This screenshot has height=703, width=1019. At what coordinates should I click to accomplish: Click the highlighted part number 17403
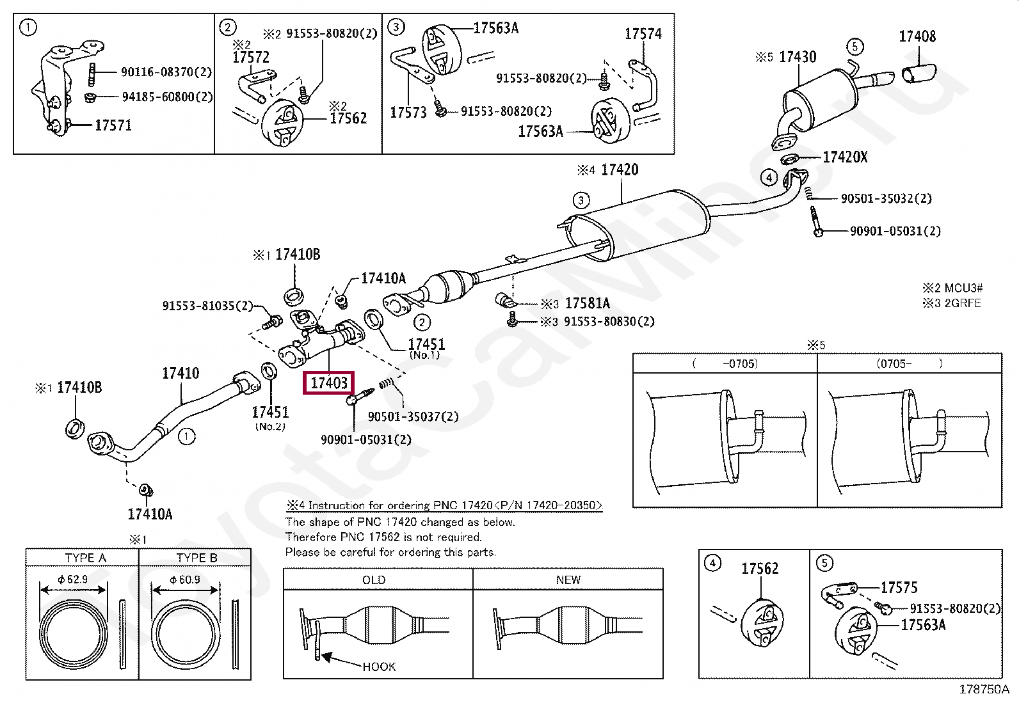click(x=328, y=383)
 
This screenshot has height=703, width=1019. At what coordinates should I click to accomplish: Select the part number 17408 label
click(x=917, y=36)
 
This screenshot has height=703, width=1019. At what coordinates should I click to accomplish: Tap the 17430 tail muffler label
click(x=798, y=57)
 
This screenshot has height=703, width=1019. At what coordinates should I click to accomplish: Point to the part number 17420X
click(x=845, y=157)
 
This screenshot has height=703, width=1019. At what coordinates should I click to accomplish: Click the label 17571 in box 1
click(x=113, y=125)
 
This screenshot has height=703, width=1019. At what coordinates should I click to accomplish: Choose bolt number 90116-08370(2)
click(x=166, y=72)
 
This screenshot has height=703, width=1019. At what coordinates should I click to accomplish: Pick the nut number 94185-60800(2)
click(x=167, y=97)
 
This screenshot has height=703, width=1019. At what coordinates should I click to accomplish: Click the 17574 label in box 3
click(x=643, y=34)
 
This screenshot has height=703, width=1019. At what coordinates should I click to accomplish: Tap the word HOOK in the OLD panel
click(x=379, y=667)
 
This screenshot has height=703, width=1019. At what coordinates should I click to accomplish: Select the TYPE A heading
click(x=85, y=558)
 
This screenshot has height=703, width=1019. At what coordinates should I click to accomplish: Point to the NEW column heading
click(x=568, y=580)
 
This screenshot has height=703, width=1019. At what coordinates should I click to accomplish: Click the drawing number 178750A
click(x=983, y=689)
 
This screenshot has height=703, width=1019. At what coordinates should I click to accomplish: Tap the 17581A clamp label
click(x=588, y=303)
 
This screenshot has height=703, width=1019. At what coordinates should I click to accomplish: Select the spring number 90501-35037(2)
click(x=413, y=416)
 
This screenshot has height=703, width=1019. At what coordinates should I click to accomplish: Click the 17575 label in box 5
click(x=899, y=587)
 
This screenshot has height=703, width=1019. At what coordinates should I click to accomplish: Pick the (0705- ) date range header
click(x=909, y=363)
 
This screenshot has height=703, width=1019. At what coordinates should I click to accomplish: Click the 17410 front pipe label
click(x=181, y=373)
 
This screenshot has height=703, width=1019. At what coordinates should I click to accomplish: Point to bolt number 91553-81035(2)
click(x=207, y=306)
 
